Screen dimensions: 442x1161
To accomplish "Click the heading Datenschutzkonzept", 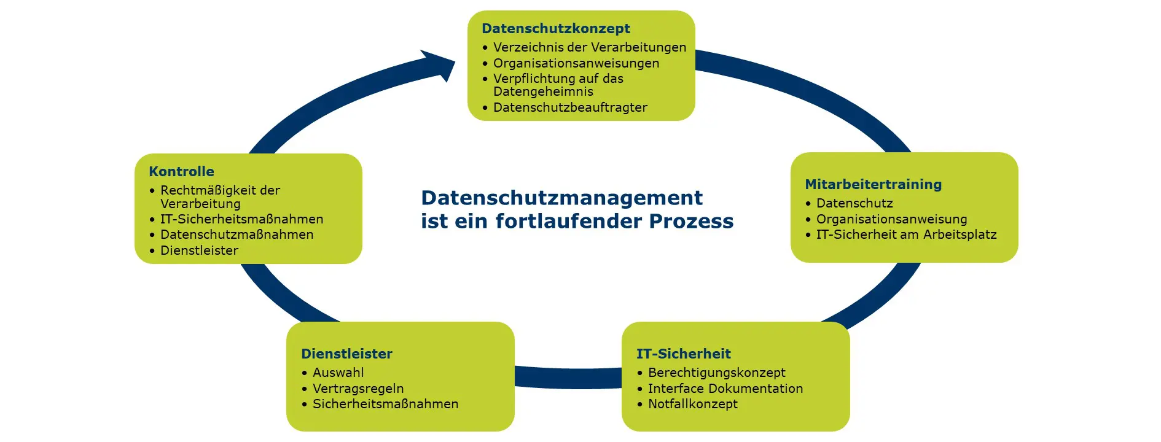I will (x=556, y=29).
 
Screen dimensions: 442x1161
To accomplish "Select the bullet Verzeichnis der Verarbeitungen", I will (x=590, y=47).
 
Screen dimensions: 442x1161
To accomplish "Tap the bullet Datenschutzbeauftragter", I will (x=570, y=107).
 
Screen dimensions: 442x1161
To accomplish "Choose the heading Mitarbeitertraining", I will (x=873, y=185).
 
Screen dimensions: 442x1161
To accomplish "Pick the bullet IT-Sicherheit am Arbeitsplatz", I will (x=906, y=235).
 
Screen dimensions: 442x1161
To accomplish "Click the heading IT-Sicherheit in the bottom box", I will (x=683, y=354).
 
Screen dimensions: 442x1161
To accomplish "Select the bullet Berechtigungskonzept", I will (x=716, y=373).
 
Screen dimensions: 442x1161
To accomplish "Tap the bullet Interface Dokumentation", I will (x=725, y=389).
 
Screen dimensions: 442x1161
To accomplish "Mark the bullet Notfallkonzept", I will (x=692, y=404).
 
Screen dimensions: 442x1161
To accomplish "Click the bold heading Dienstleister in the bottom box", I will (x=346, y=354).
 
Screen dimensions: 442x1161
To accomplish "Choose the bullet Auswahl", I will (x=338, y=373).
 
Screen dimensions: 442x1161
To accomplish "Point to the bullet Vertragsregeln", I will (x=358, y=389).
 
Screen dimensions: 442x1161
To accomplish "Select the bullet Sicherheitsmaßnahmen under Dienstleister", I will (x=385, y=404).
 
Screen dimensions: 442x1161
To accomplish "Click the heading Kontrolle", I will (x=181, y=172).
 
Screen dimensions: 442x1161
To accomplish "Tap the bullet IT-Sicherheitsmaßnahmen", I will (x=241, y=219).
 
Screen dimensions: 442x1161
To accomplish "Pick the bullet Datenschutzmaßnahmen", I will (x=237, y=235).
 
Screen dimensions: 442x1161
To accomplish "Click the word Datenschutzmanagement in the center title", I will (x=561, y=198).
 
